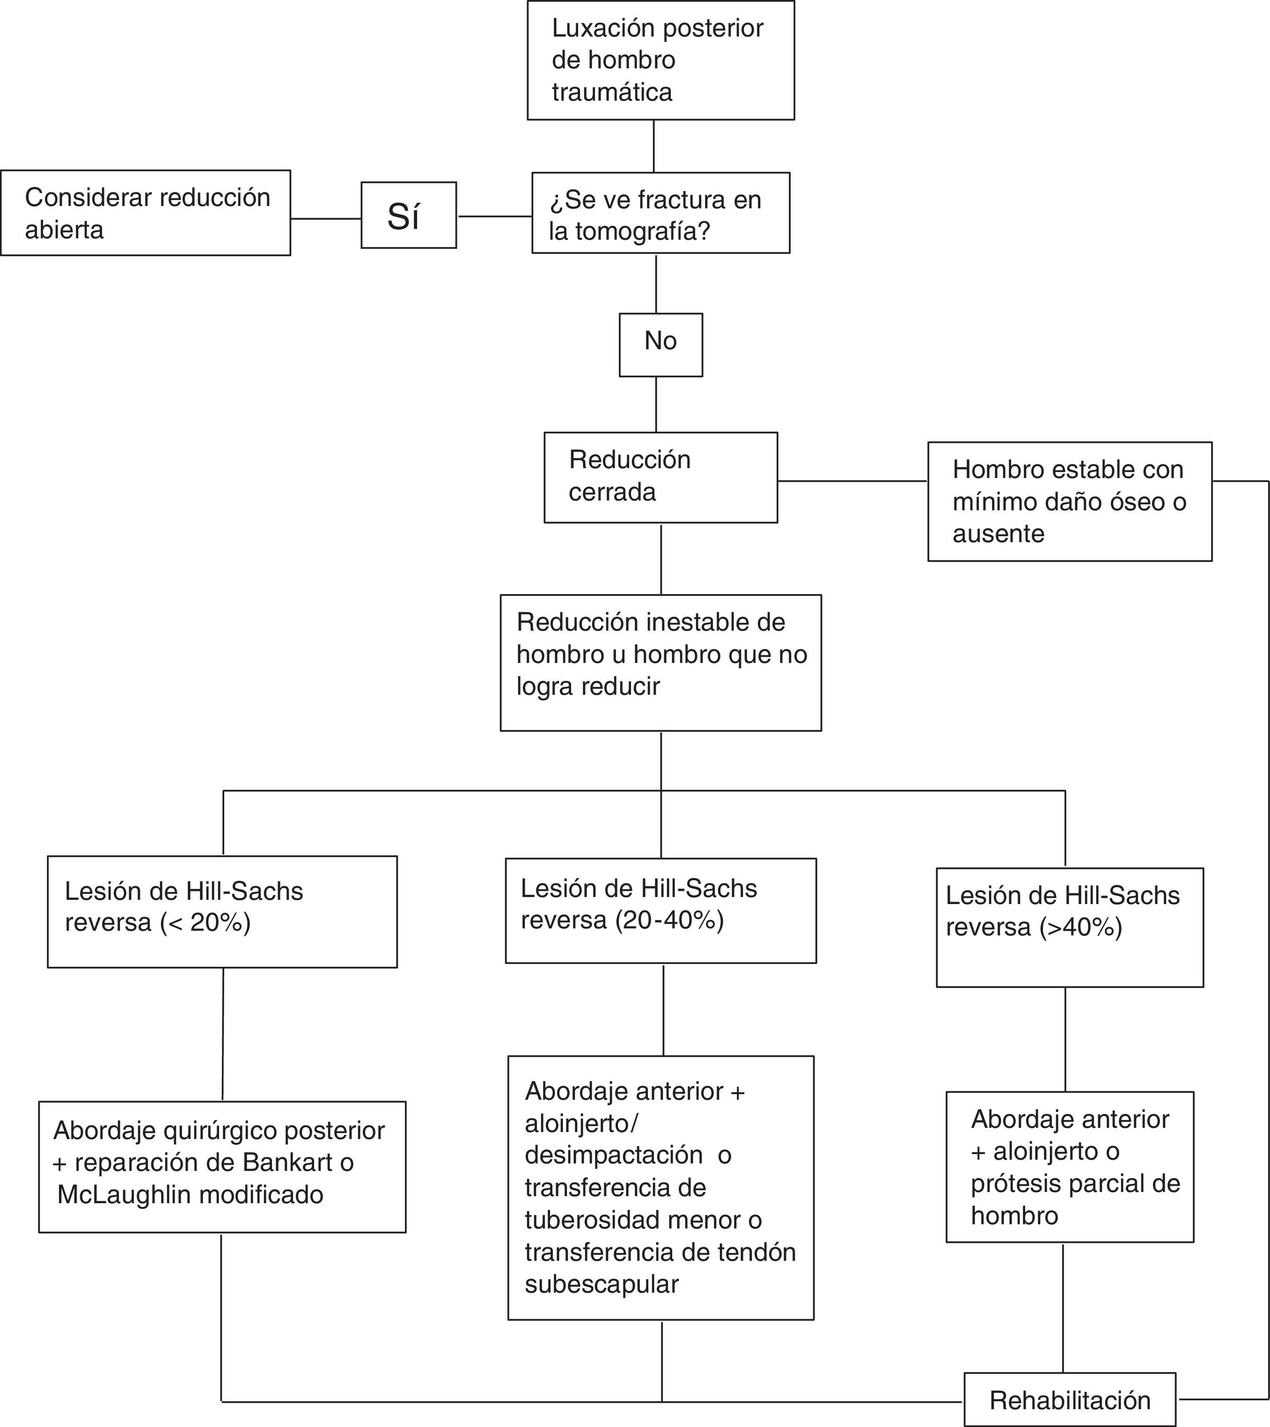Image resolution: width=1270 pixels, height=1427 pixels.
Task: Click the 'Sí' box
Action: coord(409,215)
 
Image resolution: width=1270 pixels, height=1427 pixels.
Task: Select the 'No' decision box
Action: coord(661,345)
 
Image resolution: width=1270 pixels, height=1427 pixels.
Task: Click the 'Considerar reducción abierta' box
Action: coord(145,213)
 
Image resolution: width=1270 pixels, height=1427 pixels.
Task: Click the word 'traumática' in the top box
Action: coord(612,92)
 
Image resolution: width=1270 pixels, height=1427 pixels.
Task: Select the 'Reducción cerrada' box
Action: coord(661,477)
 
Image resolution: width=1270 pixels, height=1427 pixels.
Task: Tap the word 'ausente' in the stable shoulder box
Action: coord(998,533)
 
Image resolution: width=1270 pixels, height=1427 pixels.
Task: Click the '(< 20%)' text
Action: coord(205,922)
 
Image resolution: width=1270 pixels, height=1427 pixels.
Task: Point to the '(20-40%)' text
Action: coord(669,919)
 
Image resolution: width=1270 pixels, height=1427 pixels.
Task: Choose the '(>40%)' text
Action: coord(1081,927)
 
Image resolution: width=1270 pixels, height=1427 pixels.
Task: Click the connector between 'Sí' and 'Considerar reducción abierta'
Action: coord(325,219)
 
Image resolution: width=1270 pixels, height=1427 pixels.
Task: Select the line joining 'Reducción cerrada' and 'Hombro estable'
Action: coord(852,480)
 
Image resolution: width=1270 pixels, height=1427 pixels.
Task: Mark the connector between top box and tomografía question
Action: coord(653,146)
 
